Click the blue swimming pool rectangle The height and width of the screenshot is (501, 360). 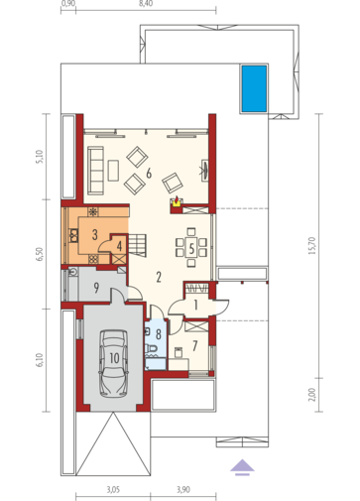(x=254, y=88)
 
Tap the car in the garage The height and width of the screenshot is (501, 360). (x=114, y=362)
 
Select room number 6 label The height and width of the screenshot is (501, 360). (x=149, y=173)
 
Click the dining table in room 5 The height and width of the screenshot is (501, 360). (x=191, y=248)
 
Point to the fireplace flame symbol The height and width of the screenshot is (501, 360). (x=178, y=200)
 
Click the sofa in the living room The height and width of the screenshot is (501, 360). (x=95, y=170)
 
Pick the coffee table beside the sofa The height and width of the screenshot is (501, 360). (x=113, y=171)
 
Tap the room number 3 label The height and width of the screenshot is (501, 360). (x=95, y=234)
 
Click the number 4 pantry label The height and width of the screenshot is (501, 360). (x=119, y=246)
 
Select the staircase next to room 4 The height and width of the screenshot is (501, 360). (x=137, y=245)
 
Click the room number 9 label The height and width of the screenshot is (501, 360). (x=96, y=288)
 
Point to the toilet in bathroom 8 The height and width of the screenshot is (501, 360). (x=152, y=348)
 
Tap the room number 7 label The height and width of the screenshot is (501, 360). (x=194, y=346)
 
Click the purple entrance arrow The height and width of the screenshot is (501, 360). (x=242, y=467)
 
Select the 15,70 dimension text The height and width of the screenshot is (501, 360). (x=312, y=245)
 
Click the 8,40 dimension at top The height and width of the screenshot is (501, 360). (x=147, y=4)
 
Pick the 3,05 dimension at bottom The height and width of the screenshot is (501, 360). (x=113, y=489)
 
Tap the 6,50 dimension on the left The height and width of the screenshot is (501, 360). (x=40, y=254)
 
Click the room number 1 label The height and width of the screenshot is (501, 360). (x=195, y=305)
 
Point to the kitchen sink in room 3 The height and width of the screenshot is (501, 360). (x=73, y=235)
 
